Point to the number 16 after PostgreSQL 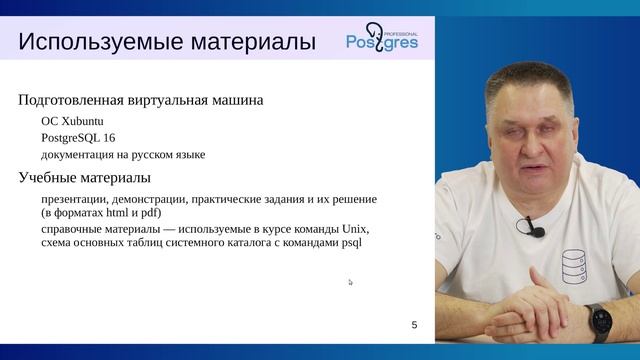(x=110, y=137)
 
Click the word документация (x=81, y=155)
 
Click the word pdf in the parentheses (x=145, y=213)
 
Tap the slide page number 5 (x=414, y=325)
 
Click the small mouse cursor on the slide (x=350, y=282)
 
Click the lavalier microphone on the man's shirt (x=533, y=230)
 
